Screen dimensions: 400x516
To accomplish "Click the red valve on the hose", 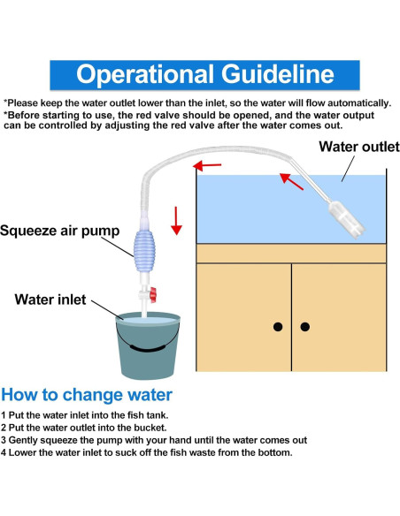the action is [x=153, y=294].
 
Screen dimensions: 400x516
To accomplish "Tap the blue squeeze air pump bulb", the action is [x=143, y=250].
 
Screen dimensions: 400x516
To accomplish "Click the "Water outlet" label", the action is [x=359, y=147].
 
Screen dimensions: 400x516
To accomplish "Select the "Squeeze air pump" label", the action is [x=59, y=231].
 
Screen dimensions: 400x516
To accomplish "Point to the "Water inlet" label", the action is [x=50, y=300].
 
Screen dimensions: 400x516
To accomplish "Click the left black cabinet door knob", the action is [x=278, y=327].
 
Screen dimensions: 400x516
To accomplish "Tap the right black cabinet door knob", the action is [x=305, y=327].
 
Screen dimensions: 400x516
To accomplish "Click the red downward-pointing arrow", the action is [x=176, y=221].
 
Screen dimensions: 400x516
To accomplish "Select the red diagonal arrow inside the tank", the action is [x=291, y=182].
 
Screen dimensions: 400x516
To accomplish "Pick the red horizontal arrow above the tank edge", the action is [x=207, y=165].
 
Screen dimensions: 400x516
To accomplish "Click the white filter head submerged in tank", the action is [x=346, y=220].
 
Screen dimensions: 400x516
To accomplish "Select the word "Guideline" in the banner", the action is [x=277, y=74].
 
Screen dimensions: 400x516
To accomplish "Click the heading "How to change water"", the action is [x=87, y=395].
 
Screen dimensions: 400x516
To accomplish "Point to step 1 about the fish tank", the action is [x=84, y=415].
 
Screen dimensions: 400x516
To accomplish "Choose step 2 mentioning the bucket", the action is [x=83, y=428].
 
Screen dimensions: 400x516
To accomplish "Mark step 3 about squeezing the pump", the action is [x=154, y=440].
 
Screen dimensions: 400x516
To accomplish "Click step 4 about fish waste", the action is [x=146, y=452].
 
